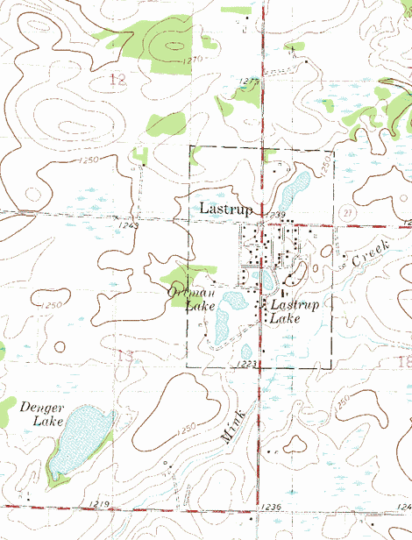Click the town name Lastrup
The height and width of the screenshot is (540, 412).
click(x=226, y=209)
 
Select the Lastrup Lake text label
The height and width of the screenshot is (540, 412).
click(x=295, y=311)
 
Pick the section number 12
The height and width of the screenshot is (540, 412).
click(x=118, y=80)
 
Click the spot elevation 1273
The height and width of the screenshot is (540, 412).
click(x=250, y=82)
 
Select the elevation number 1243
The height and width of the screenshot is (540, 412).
click(x=128, y=226)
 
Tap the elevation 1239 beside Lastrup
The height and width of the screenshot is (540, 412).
click(x=278, y=215)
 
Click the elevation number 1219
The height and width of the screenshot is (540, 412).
click(x=98, y=504)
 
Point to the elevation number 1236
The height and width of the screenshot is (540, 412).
click(x=270, y=508)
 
